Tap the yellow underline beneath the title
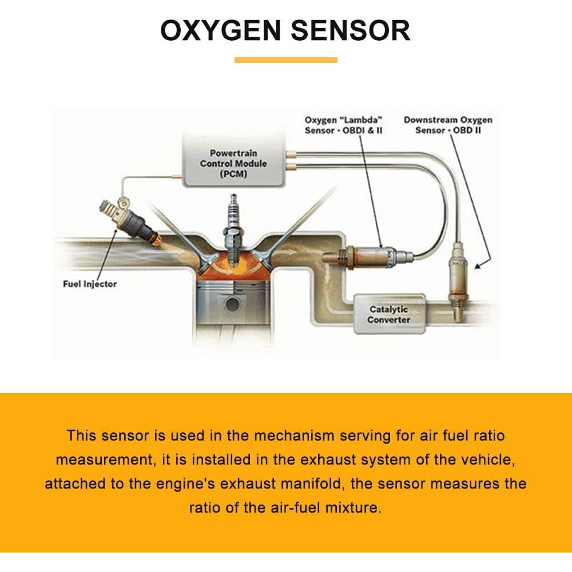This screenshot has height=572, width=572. click(x=285, y=60)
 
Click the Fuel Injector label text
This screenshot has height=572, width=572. click(x=90, y=284)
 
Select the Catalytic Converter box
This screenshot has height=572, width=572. click(x=389, y=314)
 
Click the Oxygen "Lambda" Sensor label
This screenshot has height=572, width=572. click(x=343, y=125)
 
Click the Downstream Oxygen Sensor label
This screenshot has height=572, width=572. click(x=448, y=125)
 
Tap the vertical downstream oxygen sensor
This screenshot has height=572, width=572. click(x=458, y=275)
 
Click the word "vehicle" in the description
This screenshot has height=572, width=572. click(x=491, y=459)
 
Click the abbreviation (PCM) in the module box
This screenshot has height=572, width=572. click(x=232, y=174)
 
